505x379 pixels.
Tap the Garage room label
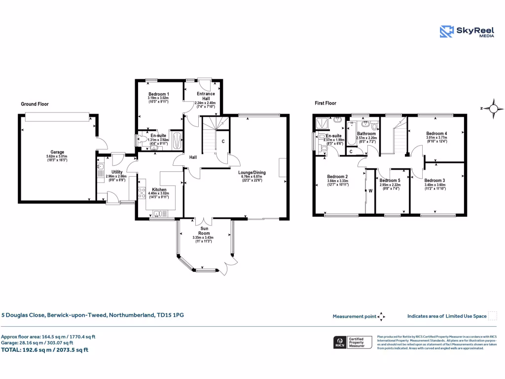coord(57,152)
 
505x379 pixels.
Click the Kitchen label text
coord(159,189)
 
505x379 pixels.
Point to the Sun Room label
coord(204,230)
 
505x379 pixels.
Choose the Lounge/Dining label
coord(252,173)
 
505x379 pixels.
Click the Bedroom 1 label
coord(158,94)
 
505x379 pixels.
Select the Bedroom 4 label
coord(436,134)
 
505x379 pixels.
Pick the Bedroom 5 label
coord(390,181)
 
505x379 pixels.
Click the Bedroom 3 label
coord(434,181)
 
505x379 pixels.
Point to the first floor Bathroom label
coord(366,134)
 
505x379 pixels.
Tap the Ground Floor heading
coord(35,104)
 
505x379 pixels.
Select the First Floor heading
coord(325,103)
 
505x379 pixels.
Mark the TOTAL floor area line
coord(45,350)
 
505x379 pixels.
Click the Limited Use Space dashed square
coord(492,316)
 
